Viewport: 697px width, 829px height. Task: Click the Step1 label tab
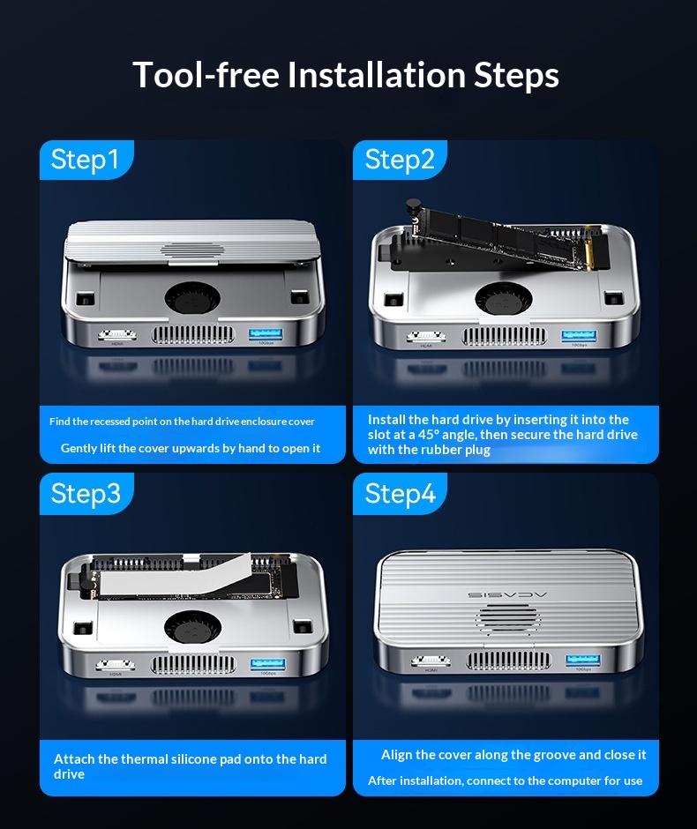pyautogui.click(x=86, y=160)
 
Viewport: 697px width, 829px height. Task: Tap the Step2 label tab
pyautogui.click(x=400, y=160)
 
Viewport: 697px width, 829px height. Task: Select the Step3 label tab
pyautogui.click(x=86, y=494)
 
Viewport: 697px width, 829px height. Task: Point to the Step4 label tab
pyautogui.click(x=400, y=494)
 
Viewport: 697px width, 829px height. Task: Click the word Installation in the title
pyautogui.click(x=376, y=75)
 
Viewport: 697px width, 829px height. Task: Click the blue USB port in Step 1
pyautogui.click(x=266, y=334)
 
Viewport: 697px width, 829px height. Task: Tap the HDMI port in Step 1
pyautogui.click(x=116, y=334)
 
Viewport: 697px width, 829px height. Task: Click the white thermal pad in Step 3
pyautogui.click(x=175, y=575)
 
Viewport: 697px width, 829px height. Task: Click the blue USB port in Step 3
pyautogui.click(x=267, y=664)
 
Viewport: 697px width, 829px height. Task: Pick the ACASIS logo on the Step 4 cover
pyautogui.click(x=507, y=594)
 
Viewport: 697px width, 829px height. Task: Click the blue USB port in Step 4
pyautogui.click(x=583, y=661)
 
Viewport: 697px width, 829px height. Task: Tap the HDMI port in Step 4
pyautogui.click(x=431, y=661)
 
